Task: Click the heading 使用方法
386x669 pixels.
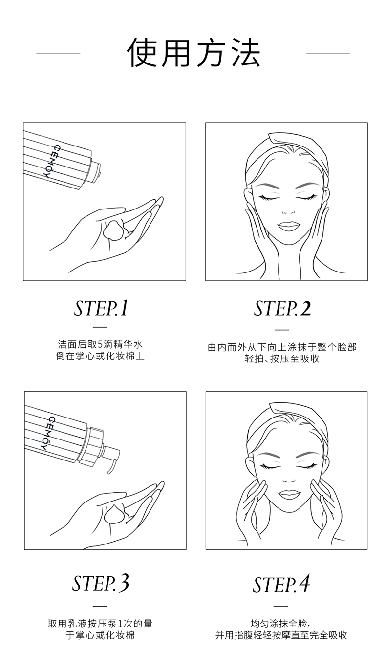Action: (193, 53)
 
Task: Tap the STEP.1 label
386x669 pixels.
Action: (101, 309)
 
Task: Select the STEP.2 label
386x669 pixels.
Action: (282, 309)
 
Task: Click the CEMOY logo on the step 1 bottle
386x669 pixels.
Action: (51, 161)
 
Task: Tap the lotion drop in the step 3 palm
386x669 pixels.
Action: (115, 514)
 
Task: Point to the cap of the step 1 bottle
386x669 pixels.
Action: (95, 172)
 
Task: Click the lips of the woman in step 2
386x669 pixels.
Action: (286, 225)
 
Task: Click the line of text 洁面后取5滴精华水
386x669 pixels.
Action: (100, 344)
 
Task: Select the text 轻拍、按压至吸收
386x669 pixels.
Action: (282, 358)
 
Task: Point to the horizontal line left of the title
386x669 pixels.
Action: (58, 53)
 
